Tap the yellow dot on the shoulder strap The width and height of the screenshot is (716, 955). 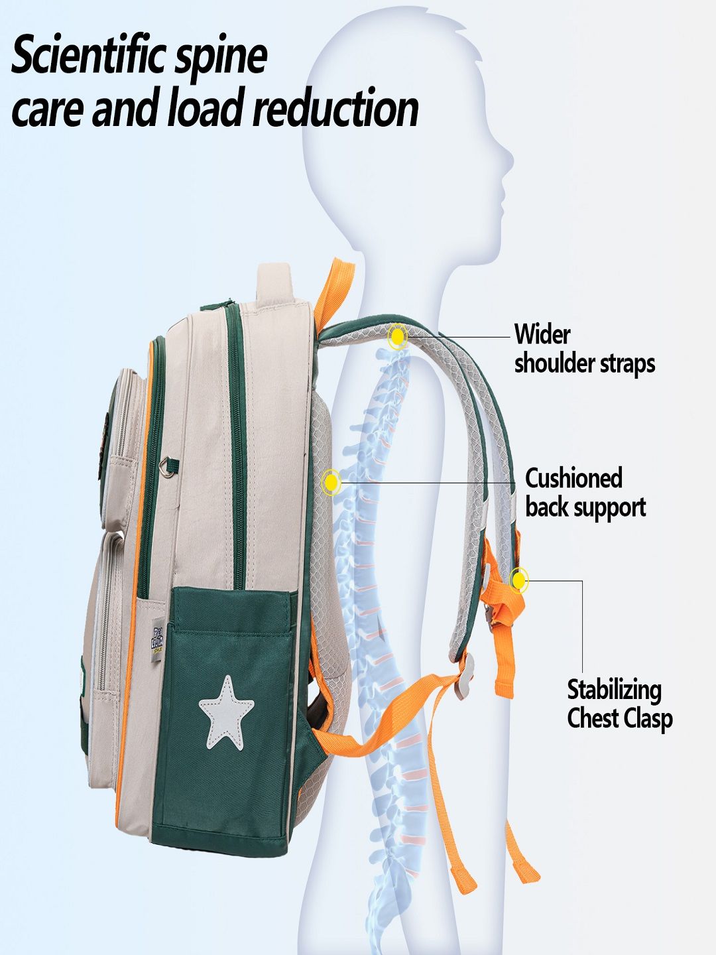[x=397, y=337]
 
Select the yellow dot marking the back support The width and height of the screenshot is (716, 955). [x=331, y=482]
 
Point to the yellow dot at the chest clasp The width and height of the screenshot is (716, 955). [x=519, y=580]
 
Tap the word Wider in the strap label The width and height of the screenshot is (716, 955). [x=542, y=334]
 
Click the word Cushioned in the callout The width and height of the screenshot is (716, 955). [x=573, y=478]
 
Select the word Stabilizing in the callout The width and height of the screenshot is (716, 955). [x=614, y=690]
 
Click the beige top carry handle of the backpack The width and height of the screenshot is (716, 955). [x=276, y=282]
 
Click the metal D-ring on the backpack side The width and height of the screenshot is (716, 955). [x=169, y=468]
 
